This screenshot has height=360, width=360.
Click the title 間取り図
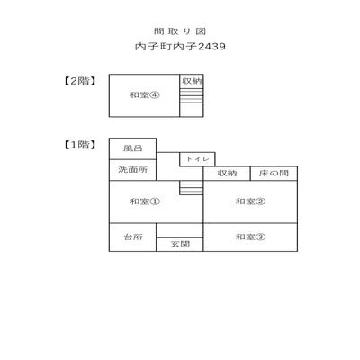pos(180,31)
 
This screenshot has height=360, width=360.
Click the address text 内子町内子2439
pos(180,47)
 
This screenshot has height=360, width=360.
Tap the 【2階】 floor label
pos(80,81)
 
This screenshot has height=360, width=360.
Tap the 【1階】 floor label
pos(80,145)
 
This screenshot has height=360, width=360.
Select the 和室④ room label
pos(144,95)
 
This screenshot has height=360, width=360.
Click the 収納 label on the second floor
pos(192,81)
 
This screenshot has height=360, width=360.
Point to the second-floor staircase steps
pos(192,95)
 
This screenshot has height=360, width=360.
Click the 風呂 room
pos(132,148)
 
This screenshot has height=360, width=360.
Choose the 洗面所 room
pos(132,170)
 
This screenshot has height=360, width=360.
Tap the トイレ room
pos(197,159)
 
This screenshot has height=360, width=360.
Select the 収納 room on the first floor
pos(227,174)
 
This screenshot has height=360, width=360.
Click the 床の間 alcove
pos(274,174)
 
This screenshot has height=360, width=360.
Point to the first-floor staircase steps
pos(192,188)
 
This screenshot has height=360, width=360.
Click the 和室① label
pos(145,202)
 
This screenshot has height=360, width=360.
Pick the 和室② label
pos(250,202)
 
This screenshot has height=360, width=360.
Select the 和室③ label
pos(250,237)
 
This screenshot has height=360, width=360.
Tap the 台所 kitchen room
pos(132,238)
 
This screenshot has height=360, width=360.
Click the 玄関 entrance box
pos(180,244)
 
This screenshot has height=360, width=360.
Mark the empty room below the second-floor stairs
pos(192,110)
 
